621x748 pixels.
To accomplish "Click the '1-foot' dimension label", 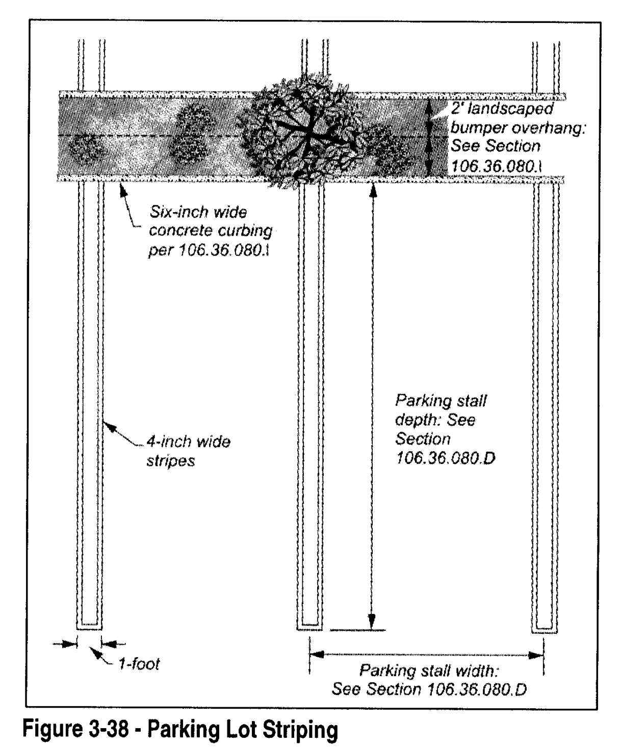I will [139, 664].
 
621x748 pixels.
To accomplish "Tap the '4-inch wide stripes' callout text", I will [188, 450].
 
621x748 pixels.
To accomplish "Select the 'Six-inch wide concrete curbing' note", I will [210, 230].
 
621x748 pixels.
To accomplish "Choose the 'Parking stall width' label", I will [429, 679].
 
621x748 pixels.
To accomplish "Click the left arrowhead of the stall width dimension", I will [317, 654].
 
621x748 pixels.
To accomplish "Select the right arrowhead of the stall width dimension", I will [535, 655].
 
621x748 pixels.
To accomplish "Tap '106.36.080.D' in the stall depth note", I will [445, 458].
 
